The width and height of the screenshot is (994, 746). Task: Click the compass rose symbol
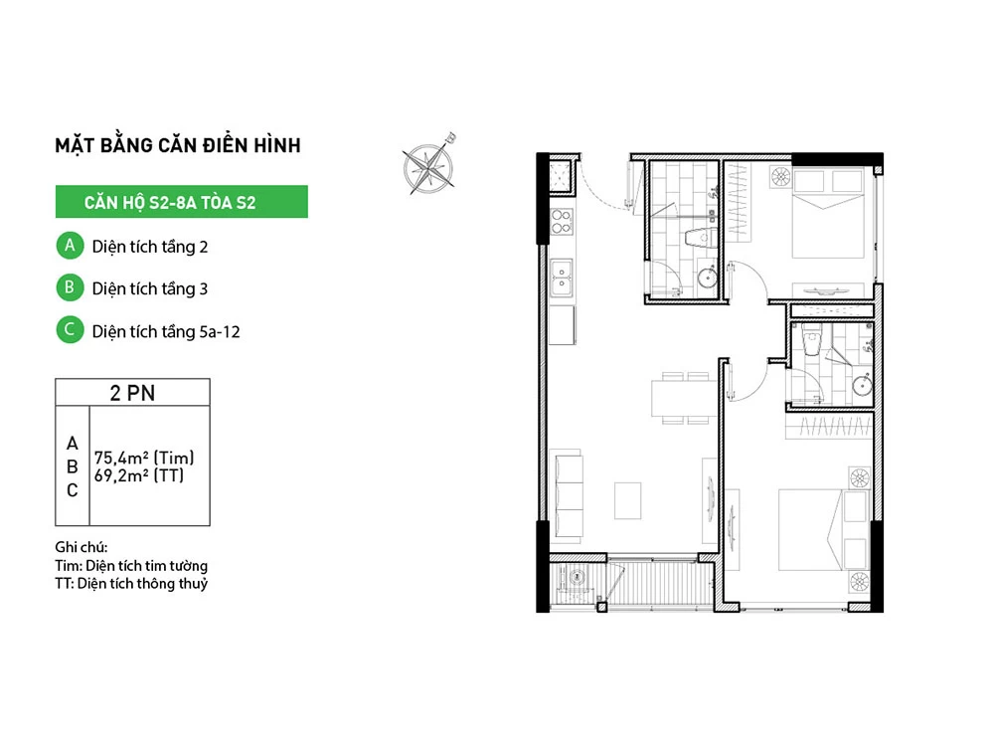click(429, 166)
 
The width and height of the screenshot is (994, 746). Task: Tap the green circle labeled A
click(70, 246)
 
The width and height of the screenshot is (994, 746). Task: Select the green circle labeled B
click(70, 287)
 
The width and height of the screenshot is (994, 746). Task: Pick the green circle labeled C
click(70, 330)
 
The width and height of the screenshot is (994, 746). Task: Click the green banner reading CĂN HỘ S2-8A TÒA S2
click(181, 202)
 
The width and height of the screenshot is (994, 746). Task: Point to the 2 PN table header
click(132, 393)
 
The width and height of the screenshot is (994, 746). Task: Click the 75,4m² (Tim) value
click(144, 458)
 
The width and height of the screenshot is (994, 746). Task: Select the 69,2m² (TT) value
click(139, 475)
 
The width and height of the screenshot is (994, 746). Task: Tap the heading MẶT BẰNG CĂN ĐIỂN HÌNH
click(178, 145)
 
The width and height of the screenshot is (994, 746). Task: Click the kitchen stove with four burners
click(562, 222)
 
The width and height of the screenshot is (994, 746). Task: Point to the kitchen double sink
click(562, 278)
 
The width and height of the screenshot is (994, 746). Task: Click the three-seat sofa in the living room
click(568, 495)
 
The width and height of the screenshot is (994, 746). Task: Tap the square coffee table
click(627, 501)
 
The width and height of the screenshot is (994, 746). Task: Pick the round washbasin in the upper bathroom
click(708, 278)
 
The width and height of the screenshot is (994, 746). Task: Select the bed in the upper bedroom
click(828, 213)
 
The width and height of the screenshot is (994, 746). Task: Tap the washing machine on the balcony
click(576, 578)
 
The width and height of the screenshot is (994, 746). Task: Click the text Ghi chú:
click(82, 547)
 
